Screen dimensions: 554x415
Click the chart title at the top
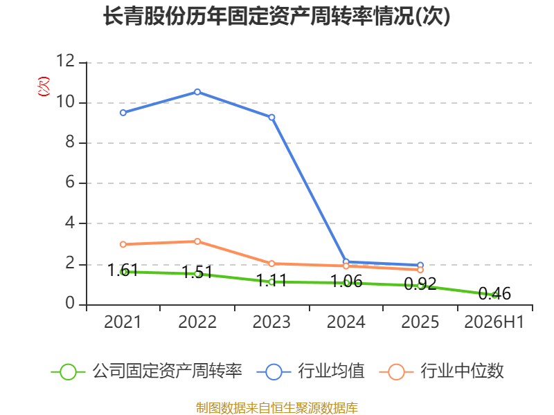point(276,16)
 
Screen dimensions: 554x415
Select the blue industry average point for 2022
point(197,92)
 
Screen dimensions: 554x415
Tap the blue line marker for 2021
point(123,113)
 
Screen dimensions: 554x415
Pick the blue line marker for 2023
point(271,118)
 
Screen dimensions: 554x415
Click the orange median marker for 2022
point(197,241)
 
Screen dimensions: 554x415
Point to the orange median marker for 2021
point(123,245)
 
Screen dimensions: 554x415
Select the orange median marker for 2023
point(271,264)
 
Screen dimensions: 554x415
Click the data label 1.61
point(123,270)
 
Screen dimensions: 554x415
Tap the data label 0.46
point(494,293)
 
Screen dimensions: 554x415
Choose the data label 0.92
point(420,284)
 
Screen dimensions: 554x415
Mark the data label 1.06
point(346,282)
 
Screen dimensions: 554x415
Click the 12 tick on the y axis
point(65,61)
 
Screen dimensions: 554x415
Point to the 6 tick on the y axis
point(70,182)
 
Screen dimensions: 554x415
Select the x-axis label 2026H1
point(494,322)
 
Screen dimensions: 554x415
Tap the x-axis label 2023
point(271,322)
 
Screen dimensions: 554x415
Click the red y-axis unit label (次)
point(44,86)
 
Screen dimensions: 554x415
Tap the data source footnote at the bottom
point(276,408)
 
